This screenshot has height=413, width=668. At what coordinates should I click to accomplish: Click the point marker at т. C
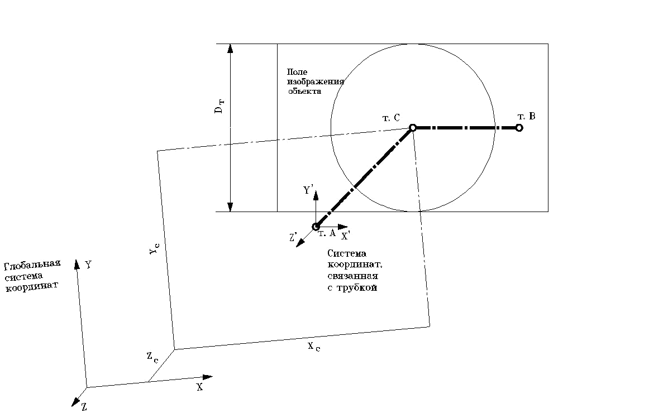coord(413,128)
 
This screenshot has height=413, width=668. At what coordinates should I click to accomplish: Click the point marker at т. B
coord(519,128)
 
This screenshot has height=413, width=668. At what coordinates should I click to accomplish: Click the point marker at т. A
coord(316,227)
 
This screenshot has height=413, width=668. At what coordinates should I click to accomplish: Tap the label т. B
coord(527,116)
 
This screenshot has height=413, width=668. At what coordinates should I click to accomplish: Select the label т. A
coord(327,234)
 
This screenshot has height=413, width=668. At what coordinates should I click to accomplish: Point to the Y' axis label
coord(308,190)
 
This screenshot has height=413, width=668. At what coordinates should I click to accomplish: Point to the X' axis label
coord(346,236)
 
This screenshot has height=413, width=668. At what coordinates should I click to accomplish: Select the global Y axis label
coord(88,265)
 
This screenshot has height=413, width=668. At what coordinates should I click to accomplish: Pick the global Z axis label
coord(84,407)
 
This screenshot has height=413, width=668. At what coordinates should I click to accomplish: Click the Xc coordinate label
coord(313,347)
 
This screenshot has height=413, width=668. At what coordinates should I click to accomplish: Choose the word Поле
coord(297,72)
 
